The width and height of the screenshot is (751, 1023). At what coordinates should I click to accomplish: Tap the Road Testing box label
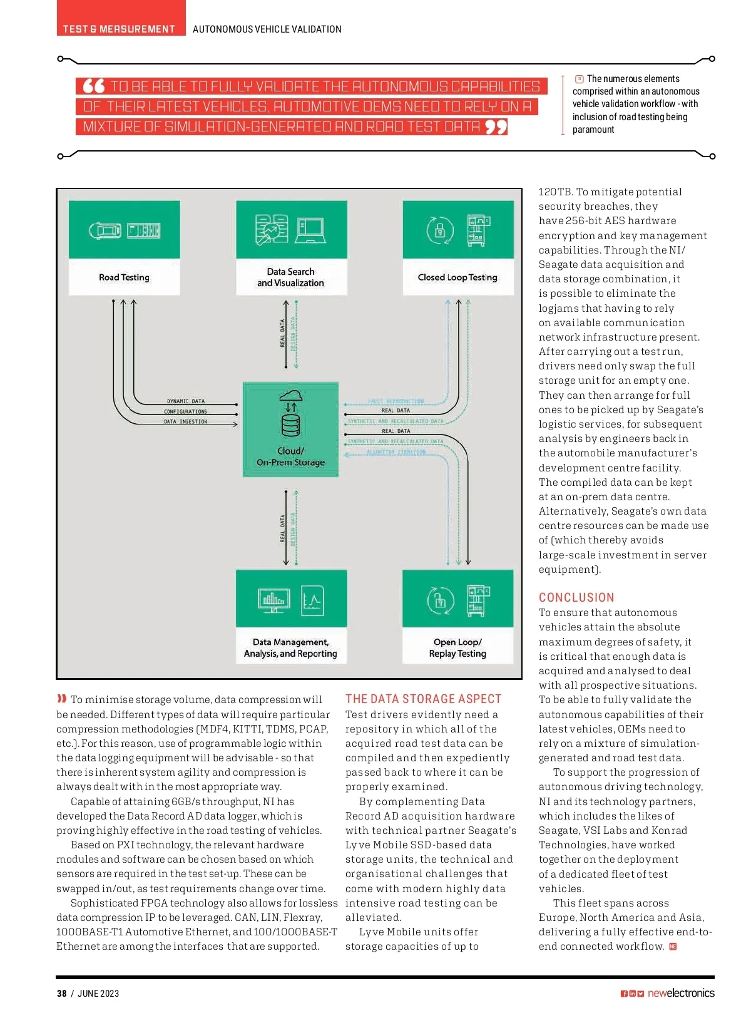click(124, 277)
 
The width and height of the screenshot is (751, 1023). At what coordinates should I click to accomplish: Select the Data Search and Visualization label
click(291, 277)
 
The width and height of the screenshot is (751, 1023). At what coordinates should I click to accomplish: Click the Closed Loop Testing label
click(457, 277)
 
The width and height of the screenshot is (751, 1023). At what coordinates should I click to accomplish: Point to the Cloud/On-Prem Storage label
click(291, 456)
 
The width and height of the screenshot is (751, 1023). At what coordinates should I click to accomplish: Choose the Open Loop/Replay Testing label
click(457, 647)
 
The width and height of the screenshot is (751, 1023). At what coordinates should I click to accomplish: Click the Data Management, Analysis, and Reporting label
click(290, 647)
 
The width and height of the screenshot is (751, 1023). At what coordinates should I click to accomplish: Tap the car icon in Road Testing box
click(105, 231)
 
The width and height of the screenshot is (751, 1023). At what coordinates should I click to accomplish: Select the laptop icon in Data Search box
click(310, 231)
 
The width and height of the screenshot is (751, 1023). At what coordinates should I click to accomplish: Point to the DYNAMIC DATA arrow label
click(185, 401)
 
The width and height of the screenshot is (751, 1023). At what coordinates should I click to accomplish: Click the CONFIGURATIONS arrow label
click(185, 411)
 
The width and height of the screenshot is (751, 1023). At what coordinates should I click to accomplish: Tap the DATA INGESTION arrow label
click(185, 421)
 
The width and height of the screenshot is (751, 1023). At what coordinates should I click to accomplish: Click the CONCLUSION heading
click(576, 597)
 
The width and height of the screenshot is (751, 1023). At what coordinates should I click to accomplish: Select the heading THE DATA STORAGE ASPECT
click(423, 699)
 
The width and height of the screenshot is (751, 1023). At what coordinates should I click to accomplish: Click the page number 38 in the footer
click(61, 993)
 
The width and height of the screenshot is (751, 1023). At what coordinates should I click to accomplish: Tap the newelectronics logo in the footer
click(681, 993)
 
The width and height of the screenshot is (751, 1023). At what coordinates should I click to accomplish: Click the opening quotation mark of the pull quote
click(94, 86)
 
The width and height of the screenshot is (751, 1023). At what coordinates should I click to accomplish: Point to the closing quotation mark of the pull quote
click(496, 127)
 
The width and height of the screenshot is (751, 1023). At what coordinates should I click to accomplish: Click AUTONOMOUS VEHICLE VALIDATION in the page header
click(267, 29)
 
